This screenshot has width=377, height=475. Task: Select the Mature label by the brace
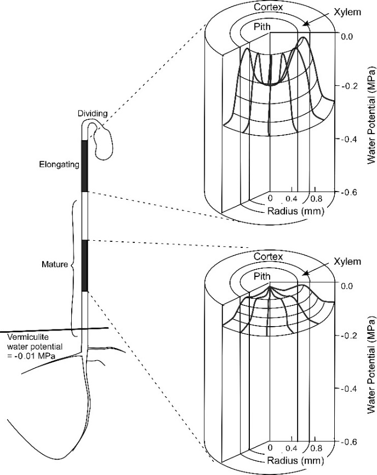tap(54, 264)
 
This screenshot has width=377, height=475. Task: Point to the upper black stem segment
tap(84, 166)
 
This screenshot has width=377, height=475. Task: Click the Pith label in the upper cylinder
tap(263, 26)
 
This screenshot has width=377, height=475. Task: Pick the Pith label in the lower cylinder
tap(263, 276)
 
